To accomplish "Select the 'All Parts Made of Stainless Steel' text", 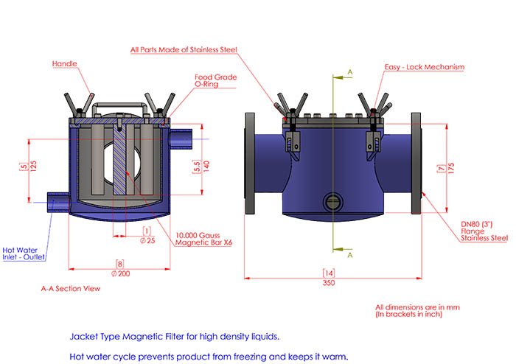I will pyautogui.click(x=184, y=49).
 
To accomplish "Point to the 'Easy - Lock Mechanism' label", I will pyautogui.click(x=425, y=67).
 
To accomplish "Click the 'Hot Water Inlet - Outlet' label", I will pyautogui.click(x=24, y=253).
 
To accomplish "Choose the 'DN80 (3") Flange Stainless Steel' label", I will pyautogui.click(x=484, y=231).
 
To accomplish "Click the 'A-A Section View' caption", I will pyautogui.click(x=70, y=289).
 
